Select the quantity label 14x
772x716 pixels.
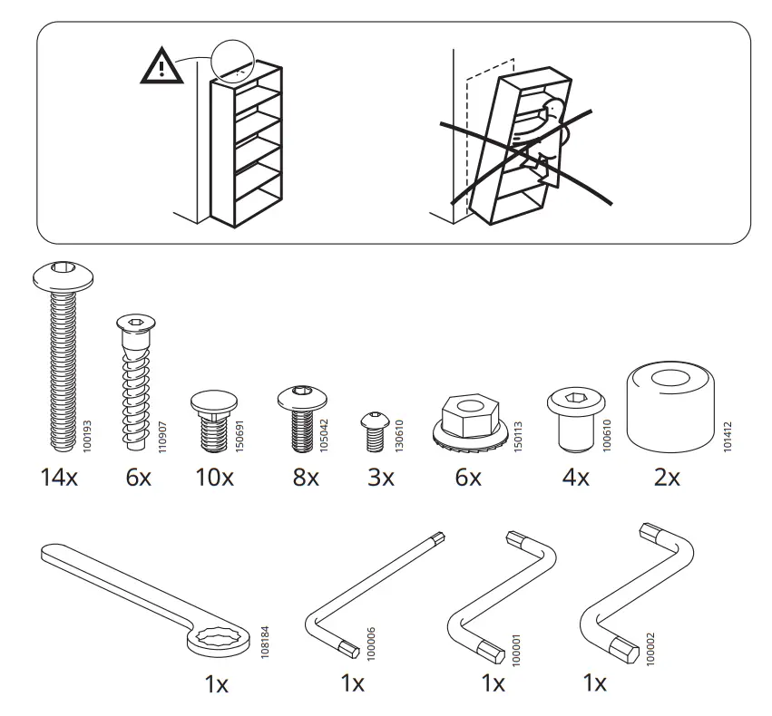59,478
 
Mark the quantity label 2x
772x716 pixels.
667,478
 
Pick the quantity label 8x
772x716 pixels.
306,478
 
